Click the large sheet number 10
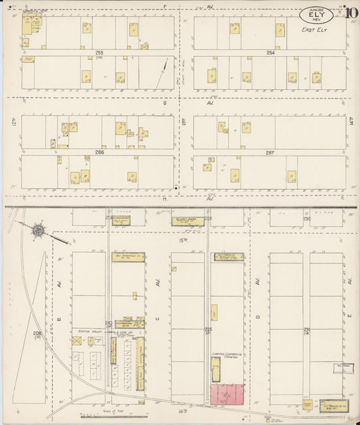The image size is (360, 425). click(352, 11)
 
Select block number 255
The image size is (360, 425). click(99, 52)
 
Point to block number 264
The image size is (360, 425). click(270, 52)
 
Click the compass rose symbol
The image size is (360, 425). click(38, 231)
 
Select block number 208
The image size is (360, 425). click(37, 333)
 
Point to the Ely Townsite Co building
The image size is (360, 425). click(328, 404)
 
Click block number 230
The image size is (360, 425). click(306, 218)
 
